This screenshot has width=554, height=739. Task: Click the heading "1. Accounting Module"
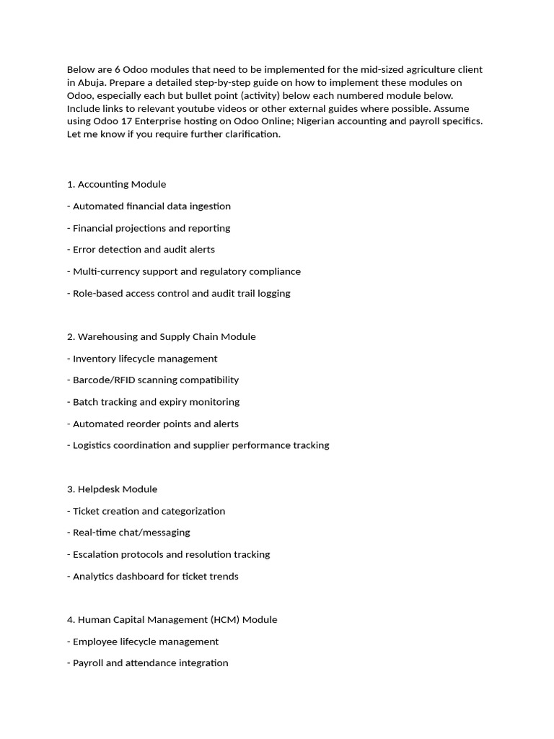coord(116,184)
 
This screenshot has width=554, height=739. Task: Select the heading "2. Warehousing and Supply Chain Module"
coord(161,336)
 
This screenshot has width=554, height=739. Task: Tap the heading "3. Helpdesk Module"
coord(112,489)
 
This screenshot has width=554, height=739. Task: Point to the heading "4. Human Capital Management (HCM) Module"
coord(172,619)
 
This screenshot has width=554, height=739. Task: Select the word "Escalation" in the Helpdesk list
coord(97,554)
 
